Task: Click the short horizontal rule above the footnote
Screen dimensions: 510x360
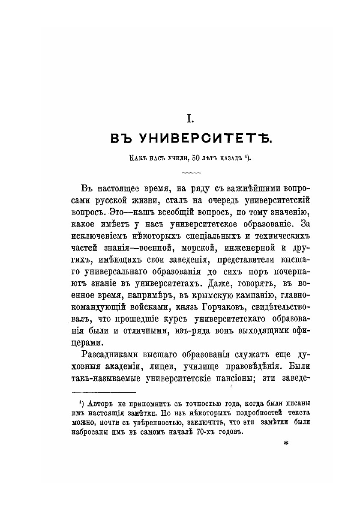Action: click(104, 391)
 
